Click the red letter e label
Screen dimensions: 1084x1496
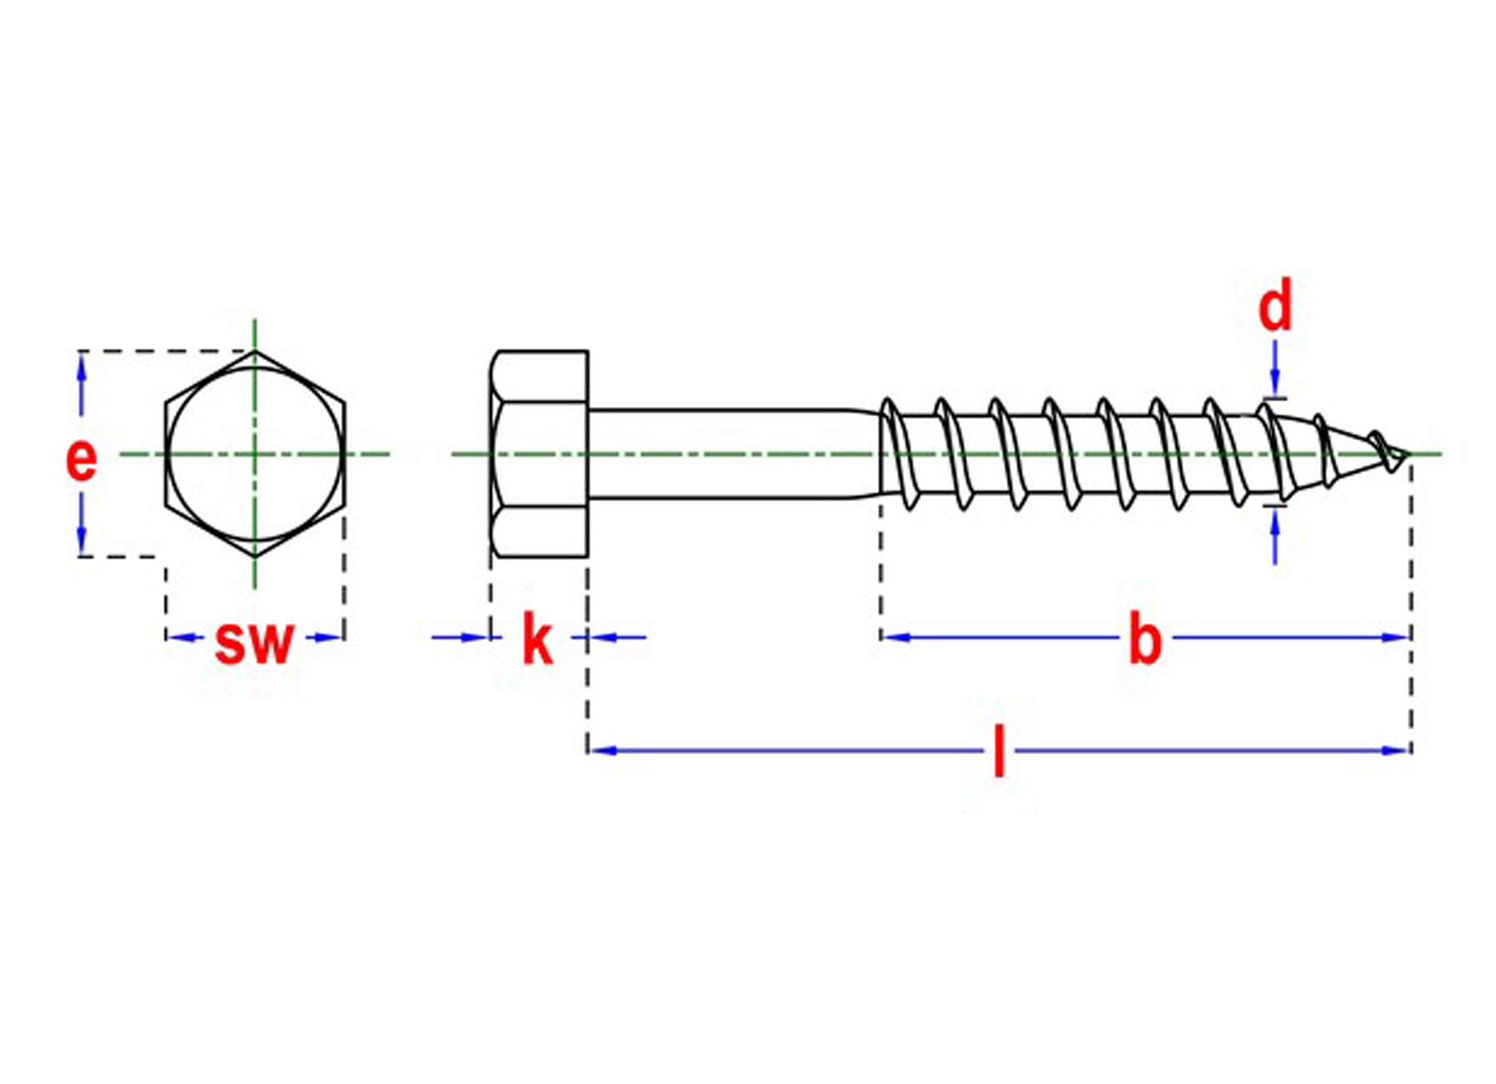point(81,459)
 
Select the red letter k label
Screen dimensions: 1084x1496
point(537,640)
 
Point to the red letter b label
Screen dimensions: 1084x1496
point(1144,640)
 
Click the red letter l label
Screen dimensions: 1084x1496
point(999,751)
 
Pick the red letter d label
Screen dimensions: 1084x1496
point(1274,307)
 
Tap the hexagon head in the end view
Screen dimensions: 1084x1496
point(254,454)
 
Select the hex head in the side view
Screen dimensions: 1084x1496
point(540,454)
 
